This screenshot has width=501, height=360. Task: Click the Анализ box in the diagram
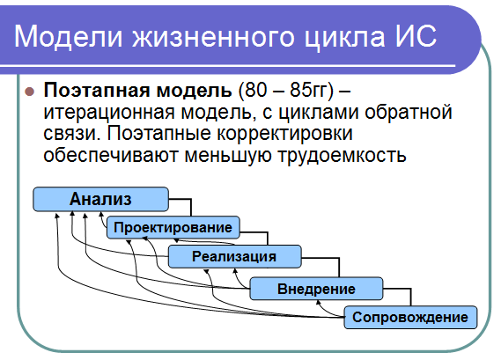[x=100, y=199]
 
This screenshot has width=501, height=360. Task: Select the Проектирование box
[x=173, y=227]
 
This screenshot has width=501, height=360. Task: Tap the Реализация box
[x=234, y=256]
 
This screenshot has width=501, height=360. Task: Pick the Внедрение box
[x=316, y=289]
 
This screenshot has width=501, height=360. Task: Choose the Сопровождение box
[x=410, y=317]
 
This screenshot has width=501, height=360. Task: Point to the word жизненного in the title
[x=213, y=36]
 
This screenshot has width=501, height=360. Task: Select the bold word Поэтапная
[x=97, y=90]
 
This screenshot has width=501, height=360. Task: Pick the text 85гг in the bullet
[x=308, y=90]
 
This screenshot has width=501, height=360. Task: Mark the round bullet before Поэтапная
[x=29, y=92]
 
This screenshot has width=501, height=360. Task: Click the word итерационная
[x=109, y=112]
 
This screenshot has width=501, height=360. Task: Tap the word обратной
[x=409, y=112]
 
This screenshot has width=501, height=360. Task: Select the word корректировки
[x=285, y=134]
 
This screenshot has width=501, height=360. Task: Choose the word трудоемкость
[x=342, y=155]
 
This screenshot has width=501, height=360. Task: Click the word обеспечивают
[x=111, y=155]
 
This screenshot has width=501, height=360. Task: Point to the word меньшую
[x=227, y=156]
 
